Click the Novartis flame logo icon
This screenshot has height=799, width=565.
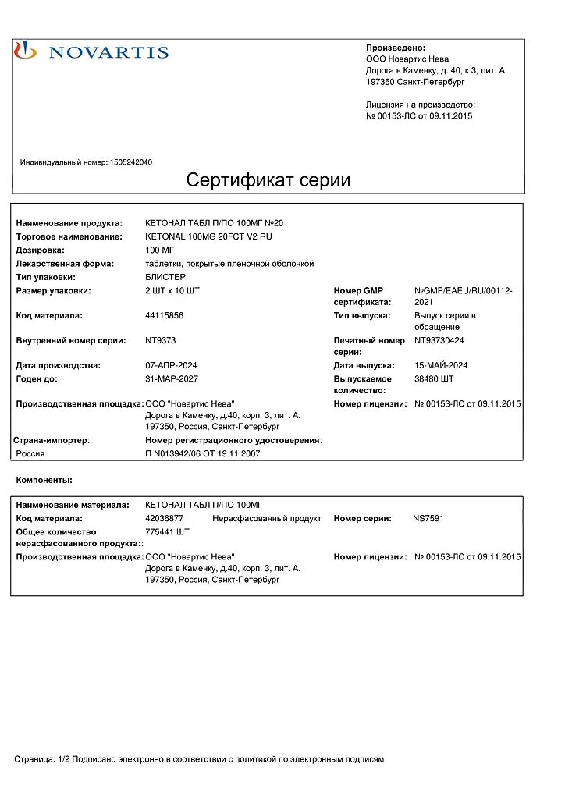point(26,51)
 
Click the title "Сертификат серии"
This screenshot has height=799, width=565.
point(268,180)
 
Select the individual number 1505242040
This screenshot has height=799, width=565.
point(132,162)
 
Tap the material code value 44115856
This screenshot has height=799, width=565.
point(165,315)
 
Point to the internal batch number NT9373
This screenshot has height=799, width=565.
point(161,340)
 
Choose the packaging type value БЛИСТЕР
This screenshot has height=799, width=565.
point(165,277)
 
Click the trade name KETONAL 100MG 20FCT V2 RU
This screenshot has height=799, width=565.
point(209,236)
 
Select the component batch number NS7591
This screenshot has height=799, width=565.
point(428,518)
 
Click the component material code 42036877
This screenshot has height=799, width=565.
point(165,518)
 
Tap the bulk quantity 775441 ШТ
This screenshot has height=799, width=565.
point(168,531)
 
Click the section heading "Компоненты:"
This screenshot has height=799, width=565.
point(44,479)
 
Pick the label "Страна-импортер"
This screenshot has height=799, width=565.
point(51,440)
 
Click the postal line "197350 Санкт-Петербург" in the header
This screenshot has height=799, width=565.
point(415,81)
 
